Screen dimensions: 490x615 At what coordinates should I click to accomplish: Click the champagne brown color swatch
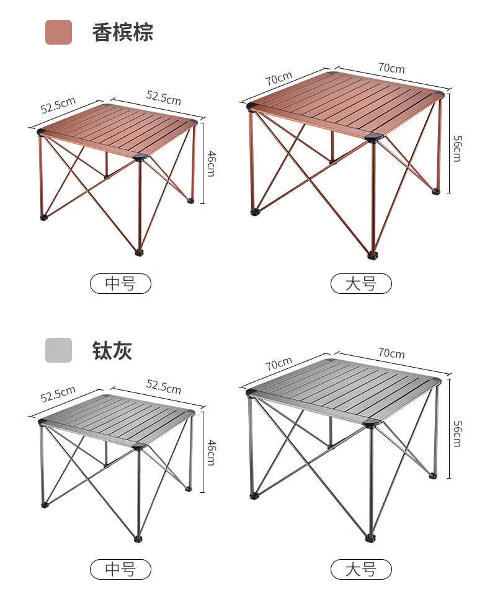pos(58,32)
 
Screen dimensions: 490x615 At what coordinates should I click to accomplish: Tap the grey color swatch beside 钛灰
pos(58,350)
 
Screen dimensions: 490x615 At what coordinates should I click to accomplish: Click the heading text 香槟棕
pos(123,32)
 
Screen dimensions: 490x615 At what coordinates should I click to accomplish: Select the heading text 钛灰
pos(112,350)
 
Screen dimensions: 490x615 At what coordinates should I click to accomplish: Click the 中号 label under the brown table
pos(120,283)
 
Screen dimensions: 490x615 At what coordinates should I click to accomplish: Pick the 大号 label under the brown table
pos(361,283)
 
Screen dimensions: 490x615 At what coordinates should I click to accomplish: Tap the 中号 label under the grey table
pos(120,569)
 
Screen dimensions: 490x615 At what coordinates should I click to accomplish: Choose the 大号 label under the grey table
pos(361,569)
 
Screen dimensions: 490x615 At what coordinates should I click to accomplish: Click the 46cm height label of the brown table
pos(211,164)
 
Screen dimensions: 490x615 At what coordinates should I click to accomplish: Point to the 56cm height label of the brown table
pos(458,149)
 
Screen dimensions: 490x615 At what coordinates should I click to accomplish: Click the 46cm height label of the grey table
pos(211,453)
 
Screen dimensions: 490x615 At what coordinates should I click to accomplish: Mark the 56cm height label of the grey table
pos(458,434)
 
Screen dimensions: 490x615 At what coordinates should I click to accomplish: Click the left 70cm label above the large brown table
pos(279,79)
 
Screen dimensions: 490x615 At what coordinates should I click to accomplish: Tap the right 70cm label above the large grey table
pos(391,353)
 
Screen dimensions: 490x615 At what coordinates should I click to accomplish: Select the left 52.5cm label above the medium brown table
pos(58,105)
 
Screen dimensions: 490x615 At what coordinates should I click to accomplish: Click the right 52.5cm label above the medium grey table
pos(164,386)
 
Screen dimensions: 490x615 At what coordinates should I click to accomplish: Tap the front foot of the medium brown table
pos(140,252)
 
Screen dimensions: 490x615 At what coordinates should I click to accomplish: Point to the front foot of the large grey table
pos(370,539)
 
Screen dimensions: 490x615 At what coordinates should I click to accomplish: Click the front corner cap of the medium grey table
pos(139,446)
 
